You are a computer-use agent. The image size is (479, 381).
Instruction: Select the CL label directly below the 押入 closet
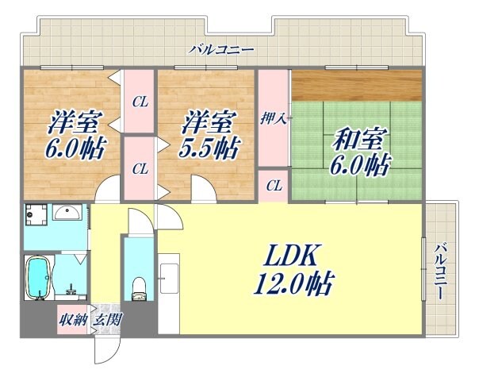tap(274, 187)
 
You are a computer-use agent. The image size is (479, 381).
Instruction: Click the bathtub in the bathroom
tap(38, 279)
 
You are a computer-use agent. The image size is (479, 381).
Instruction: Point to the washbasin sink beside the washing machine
tap(69, 214)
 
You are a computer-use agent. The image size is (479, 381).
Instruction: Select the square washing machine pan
tap(36, 215)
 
